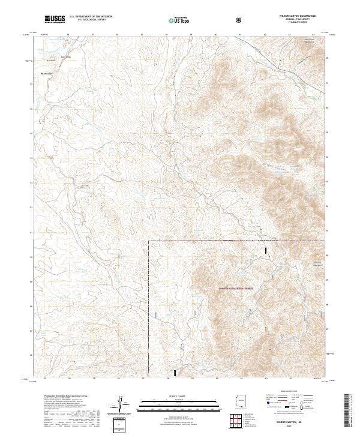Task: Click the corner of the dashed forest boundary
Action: pos(149,241)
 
